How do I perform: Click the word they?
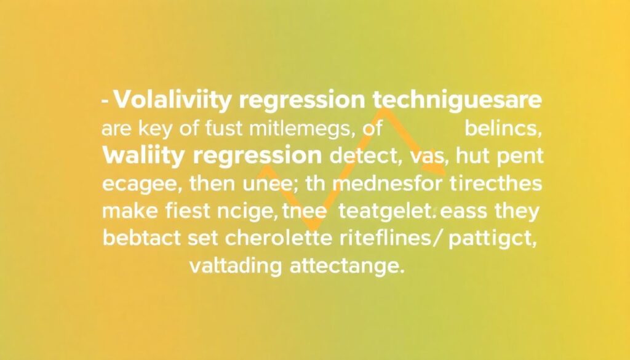coord(517,212)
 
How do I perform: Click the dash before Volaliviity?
coord(106,101)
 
